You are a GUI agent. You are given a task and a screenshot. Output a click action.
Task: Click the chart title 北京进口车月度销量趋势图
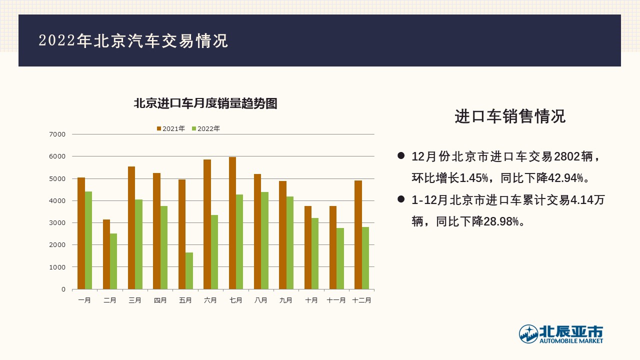coord(205,103)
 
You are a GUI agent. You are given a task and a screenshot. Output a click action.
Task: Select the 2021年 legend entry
coord(171,129)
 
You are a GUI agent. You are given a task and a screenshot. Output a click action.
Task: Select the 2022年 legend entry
coord(206,129)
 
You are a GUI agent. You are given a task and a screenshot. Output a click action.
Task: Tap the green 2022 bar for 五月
coord(189,271)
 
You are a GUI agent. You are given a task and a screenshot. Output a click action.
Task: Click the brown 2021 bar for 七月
coord(232,223)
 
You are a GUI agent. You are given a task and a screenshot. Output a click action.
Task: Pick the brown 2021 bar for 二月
coord(106,254)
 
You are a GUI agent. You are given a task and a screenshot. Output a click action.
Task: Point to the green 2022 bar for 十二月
coord(365,258)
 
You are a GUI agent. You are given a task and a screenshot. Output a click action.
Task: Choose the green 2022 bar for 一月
coord(88,240)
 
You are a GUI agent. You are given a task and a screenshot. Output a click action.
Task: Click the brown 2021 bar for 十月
coord(308,247)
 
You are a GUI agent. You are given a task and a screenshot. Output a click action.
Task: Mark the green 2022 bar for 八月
coord(265,240)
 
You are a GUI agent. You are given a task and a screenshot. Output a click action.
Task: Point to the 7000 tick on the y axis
coord(57,134)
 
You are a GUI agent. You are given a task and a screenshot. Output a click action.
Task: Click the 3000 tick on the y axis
coord(57,223)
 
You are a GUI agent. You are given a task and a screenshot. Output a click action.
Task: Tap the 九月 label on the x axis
coord(285,300)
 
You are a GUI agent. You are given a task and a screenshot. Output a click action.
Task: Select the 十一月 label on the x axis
coord(336,300)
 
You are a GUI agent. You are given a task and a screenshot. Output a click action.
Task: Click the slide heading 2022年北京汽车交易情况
coord(133,40)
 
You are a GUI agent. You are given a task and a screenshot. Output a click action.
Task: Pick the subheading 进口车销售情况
coord(510,116)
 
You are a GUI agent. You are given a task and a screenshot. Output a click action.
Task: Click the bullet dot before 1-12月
coord(401,199)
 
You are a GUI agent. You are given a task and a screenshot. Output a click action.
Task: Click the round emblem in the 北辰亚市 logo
coord(528,333)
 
